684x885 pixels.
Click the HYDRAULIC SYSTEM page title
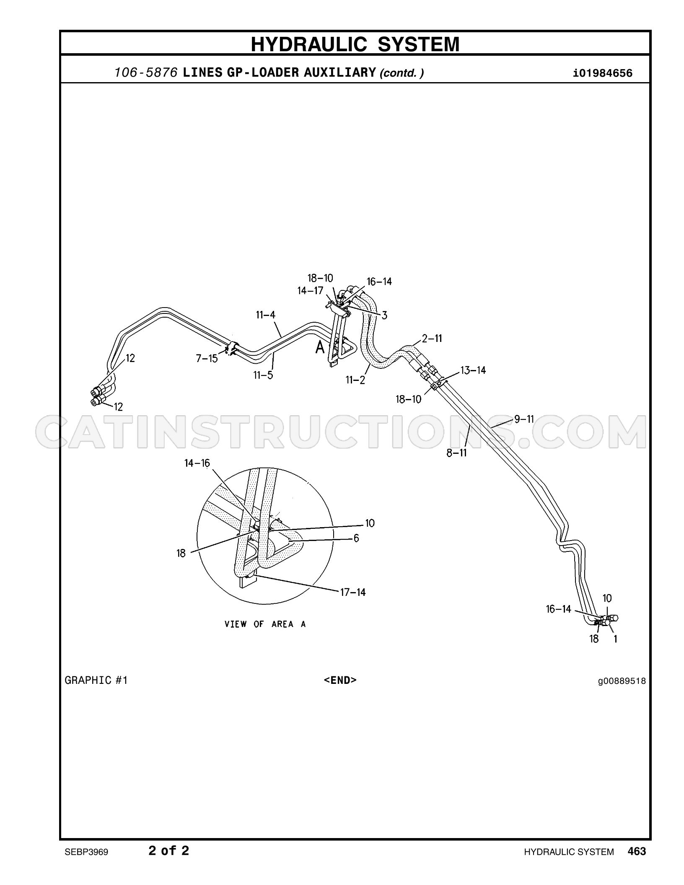[x=355, y=44]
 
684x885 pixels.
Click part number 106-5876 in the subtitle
[x=148, y=73]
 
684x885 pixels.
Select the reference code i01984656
[x=603, y=73]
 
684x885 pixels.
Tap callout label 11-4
[x=266, y=315]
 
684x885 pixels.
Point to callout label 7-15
[x=207, y=358]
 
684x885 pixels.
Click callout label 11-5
[x=263, y=375]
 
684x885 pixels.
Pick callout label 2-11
[x=432, y=338]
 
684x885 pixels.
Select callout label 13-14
[x=473, y=370]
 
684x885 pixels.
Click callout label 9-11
[x=524, y=419]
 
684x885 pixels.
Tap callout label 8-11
[x=456, y=453]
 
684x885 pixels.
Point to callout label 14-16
[x=197, y=463]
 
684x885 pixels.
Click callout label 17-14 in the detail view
[x=352, y=592]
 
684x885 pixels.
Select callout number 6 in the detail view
[x=356, y=538]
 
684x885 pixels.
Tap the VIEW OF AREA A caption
[x=265, y=624]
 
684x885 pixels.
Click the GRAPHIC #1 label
[x=96, y=680]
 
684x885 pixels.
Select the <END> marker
[x=340, y=680]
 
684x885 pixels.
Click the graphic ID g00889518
[x=622, y=681]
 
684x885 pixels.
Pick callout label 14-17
[x=311, y=290]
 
